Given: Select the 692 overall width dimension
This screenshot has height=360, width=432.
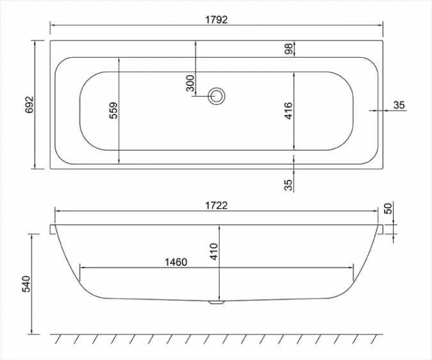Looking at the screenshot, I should click(x=29, y=106).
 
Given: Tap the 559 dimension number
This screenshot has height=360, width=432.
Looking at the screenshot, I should click(x=113, y=111).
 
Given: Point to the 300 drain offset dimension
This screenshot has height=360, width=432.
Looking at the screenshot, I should click(x=190, y=83).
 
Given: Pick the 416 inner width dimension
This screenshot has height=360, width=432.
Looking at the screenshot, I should click(x=288, y=111).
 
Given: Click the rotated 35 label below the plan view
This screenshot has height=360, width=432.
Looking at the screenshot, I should click(x=289, y=184).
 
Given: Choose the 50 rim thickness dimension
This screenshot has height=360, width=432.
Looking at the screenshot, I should click(x=388, y=208).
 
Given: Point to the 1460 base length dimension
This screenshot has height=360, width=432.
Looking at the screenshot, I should click(x=175, y=261).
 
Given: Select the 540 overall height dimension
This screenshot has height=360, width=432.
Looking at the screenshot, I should click(x=27, y=284).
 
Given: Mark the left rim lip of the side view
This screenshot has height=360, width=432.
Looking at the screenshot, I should click(x=52, y=229).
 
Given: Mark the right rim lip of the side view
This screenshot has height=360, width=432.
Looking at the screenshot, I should click(x=382, y=229).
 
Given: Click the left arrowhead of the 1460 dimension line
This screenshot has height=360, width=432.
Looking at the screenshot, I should click(x=81, y=267).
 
